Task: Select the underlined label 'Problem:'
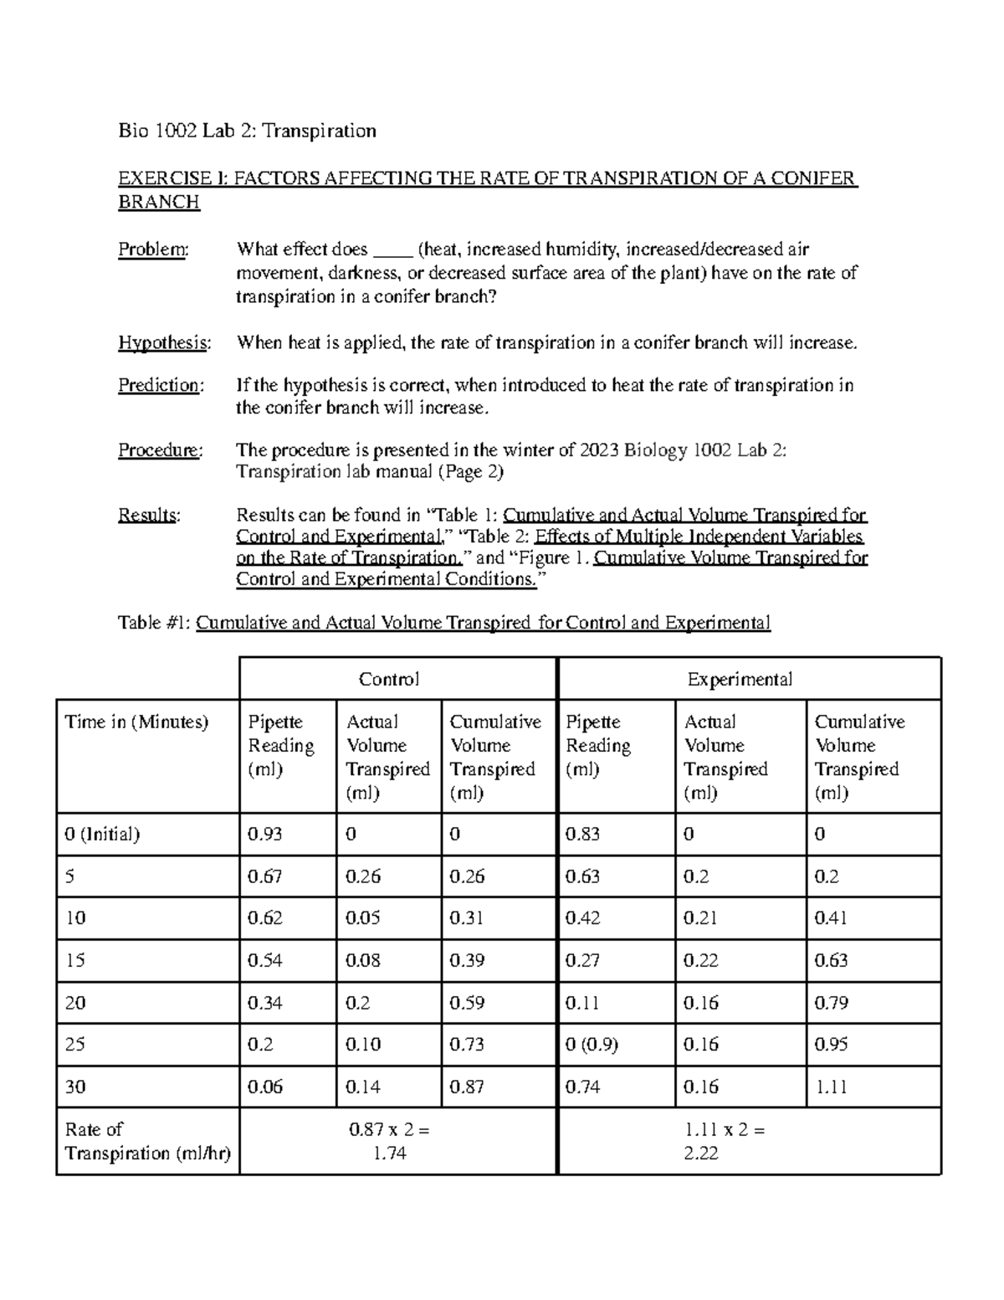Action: tap(153, 249)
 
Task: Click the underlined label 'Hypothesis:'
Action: tap(164, 342)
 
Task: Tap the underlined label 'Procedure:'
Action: tap(160, 450)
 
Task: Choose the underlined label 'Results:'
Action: tap(149, 515)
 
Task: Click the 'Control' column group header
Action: tap(389, 679)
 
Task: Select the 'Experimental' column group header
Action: tap(740, 679)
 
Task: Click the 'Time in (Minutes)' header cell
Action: tap(136, 722)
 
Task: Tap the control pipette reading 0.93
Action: tap(265, 834)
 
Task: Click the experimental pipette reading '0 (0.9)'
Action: tap(592, 1045)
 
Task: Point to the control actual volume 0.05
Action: tap(363, 918)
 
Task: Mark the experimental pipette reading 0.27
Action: tap(582, 960)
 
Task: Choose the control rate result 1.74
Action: tap(389, 1153)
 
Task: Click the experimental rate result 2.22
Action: tap(701, 1153)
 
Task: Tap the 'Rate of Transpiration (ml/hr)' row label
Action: tap(147, 1141)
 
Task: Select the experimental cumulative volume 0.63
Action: tap(831, 960)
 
